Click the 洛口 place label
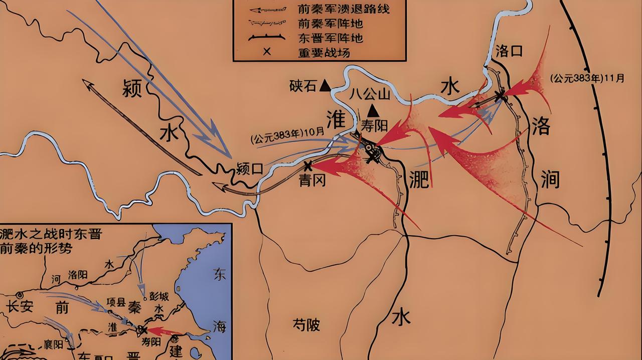(x=509, y=51)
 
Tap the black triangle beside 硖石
(x=326, y=86)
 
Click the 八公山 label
(x=370, y=93)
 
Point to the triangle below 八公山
(x=372, y=110)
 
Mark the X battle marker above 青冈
(x=307, y=165)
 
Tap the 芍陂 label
(x=306, y=325)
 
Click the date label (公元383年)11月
(x=587, y=78)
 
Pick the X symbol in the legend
(x=267, y=51)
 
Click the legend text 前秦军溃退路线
(x=344, y=9)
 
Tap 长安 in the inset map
(x=20, y=306)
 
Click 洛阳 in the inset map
(x=78, y=274)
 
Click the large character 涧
(x=550, y=178)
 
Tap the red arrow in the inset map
(x=166, y=331)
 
